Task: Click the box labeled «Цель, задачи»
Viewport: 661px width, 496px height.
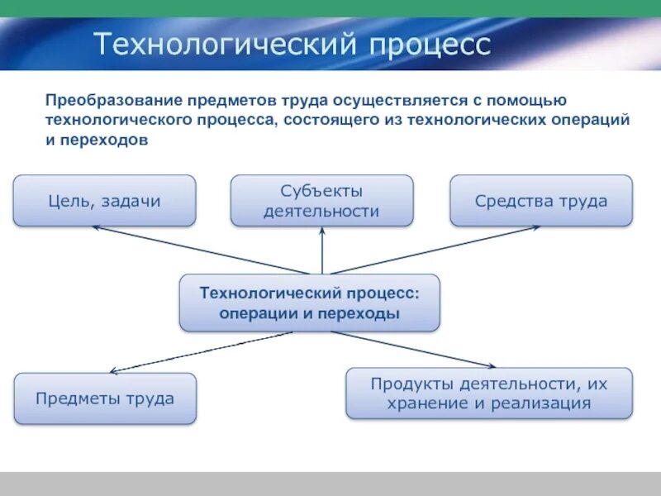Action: (x=104, y=200)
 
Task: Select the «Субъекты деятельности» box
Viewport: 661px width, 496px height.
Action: (x=321, y=200)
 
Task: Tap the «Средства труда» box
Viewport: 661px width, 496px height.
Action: (x=541, y=200)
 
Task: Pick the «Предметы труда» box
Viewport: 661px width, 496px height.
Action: (x=105, y=398)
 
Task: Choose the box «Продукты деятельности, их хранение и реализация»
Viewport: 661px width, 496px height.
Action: (x=488, y=393)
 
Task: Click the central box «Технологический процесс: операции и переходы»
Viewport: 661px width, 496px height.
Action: (x=310, y=303)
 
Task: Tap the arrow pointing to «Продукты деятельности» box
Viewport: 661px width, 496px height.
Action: (x=413, y=350)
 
